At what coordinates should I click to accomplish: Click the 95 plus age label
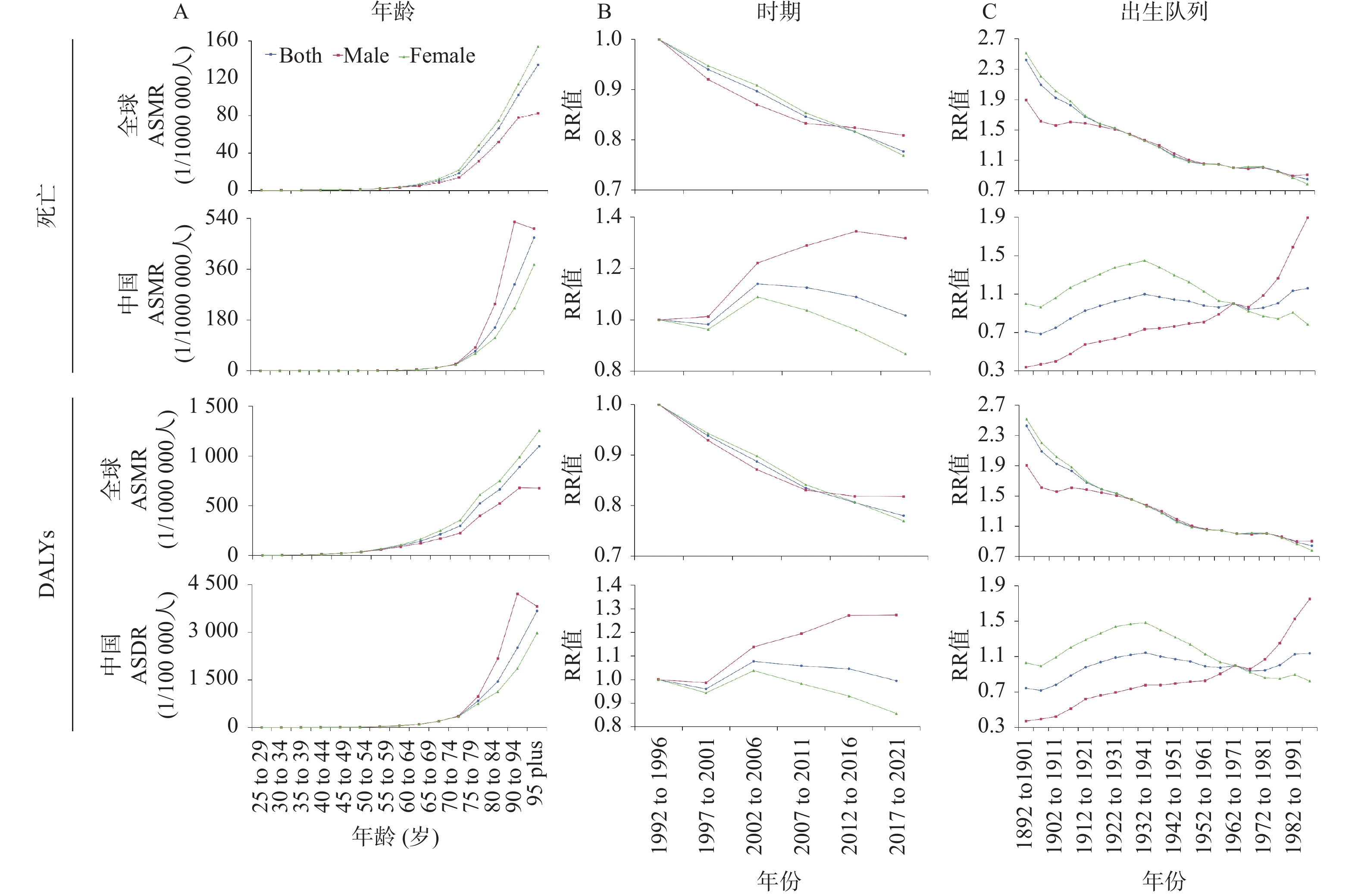point(535,772)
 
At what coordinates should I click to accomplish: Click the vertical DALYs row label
point(47,564)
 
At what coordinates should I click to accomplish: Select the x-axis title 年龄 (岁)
point(395,836)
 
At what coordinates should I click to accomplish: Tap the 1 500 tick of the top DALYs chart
point(213,406)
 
